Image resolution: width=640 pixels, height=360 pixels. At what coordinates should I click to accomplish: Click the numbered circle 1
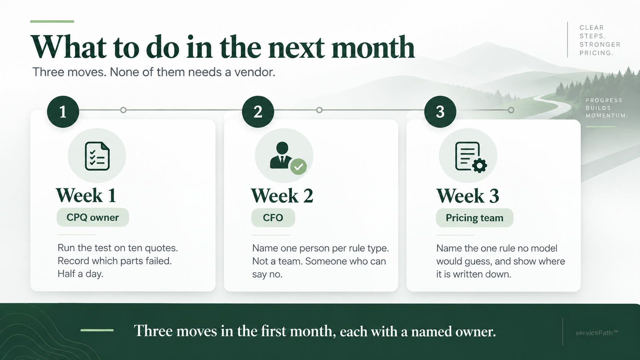63,112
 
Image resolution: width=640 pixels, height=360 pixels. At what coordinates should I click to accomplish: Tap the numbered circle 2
258,112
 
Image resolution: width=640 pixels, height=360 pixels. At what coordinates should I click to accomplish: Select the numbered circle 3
440,112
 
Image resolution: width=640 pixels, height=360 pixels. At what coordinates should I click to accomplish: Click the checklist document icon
97,156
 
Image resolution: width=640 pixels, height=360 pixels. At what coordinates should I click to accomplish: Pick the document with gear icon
471,157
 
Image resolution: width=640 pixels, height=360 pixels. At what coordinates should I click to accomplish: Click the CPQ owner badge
93,218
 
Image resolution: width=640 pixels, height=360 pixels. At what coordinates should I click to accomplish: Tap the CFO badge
273,218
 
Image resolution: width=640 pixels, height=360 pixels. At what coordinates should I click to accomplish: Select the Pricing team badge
474,218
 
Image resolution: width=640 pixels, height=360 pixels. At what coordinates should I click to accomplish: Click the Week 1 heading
86,195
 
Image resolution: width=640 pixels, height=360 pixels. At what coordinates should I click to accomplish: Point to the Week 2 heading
282,196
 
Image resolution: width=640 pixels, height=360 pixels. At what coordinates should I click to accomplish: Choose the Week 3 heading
468,196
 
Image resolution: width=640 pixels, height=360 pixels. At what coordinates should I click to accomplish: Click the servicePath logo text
597,333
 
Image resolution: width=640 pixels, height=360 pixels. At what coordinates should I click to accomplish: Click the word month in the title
373,47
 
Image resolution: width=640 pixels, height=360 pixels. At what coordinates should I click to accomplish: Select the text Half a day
80,274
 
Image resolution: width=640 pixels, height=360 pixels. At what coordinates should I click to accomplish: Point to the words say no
267,274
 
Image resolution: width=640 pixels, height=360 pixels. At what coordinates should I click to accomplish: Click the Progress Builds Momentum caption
607,108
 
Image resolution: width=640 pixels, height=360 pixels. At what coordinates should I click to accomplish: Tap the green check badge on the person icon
299,167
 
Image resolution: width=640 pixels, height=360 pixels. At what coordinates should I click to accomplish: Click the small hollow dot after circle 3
511,110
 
